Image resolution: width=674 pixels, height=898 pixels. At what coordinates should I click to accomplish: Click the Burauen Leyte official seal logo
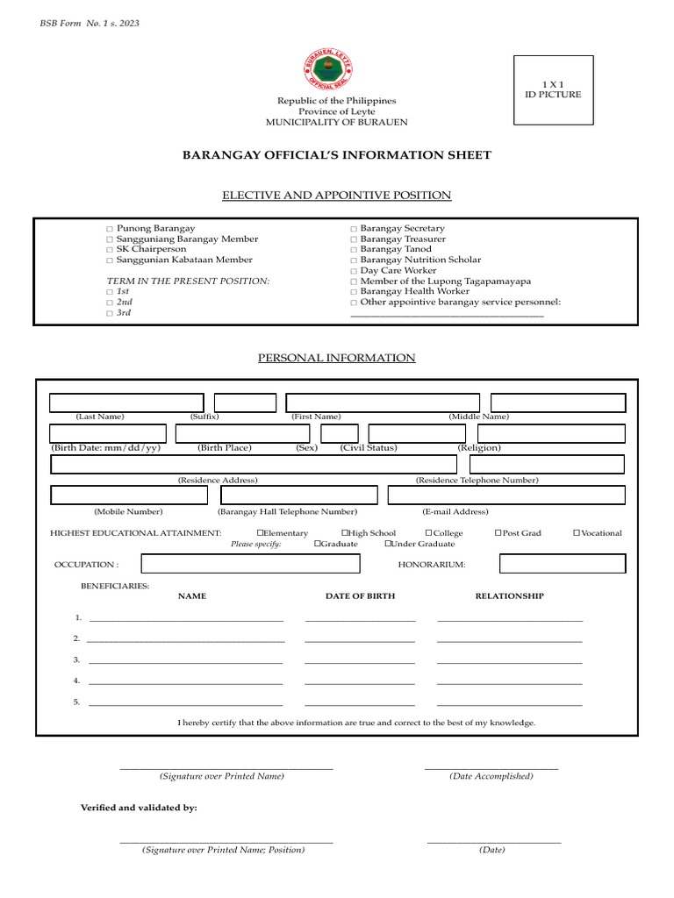pyautogui.click(x=338, y=71)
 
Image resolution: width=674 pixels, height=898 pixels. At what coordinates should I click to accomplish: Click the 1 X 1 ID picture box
pyautogui.click(x=553, y=89)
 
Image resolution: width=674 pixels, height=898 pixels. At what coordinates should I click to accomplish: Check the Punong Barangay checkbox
pyautogui.click(x=110, y=229)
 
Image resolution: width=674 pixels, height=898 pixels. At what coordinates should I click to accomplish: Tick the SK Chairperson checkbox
pyautogui.click(x=110, y=250)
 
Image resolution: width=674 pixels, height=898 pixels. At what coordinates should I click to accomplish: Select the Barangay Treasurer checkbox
pyautogui.click(x=353, y=239)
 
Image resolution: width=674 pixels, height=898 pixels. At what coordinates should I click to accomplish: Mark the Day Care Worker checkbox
pyautogui.click(x=353, y=271)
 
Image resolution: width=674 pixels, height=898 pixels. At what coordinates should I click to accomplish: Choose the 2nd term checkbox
pyautogui.click(x=110, y=303)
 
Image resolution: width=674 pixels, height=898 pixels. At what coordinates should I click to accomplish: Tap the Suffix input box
pyautogui.click(x=245, y=403)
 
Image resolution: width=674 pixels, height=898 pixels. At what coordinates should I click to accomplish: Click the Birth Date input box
pyautogui.click(x=108, y=433)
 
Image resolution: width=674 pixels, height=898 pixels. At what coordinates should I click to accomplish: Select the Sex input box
pyautogui.click(x=339, y=433)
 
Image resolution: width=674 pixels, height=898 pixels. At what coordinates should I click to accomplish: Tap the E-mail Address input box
pyautogui.click(x=506, y=495)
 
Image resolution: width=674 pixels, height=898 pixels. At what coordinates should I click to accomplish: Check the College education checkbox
pyautogui.click(x=428, y=533)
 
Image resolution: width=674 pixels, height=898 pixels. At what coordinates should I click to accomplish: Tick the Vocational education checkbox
pyautogui.click(x=577, y=533)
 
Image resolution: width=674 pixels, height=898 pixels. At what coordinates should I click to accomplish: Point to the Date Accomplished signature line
pyautogui.click(x=491, y=769)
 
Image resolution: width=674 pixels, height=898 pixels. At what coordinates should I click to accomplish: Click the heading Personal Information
pyautogui.click(x=336, y=358)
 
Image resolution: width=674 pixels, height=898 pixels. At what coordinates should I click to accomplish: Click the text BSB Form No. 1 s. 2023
pyautogui.click(x=90, y=23)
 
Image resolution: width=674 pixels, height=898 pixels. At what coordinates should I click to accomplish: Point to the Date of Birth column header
pyautogui.click(x=360, y=596)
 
